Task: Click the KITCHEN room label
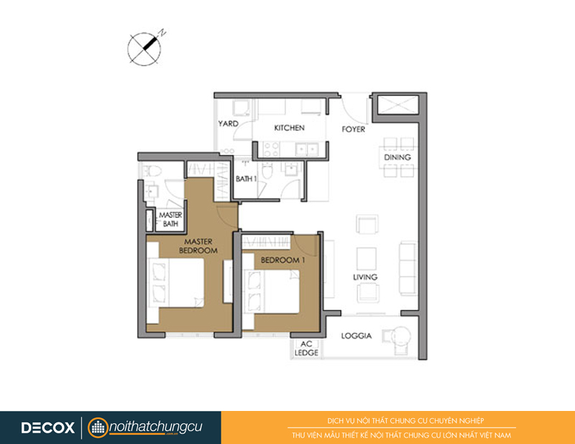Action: (x=290, y=128)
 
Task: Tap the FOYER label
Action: (x=354, y=129)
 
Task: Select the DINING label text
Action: (x=397, y=157)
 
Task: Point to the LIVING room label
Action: (x=365, y=277)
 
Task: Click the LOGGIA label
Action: (x=356, y=336)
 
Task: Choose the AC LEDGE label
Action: (x=307, y=348)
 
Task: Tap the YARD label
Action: (x=228, y=124)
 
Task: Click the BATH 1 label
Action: (x=246, y=179)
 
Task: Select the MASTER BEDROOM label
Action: (x=198, y=246)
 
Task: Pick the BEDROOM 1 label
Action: (x=282, y=260)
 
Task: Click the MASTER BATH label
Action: (x=170, y=219)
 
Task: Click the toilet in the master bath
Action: (x=152, y=170)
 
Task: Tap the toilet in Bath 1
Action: (x=267, y=171)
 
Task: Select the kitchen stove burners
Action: (x=272, y=149)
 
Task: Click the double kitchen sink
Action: (x=308, y=149)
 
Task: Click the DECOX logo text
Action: (x=47, y=428)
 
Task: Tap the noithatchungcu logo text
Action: (x=156, y=427)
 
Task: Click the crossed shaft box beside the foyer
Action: (x=398, y=105)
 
